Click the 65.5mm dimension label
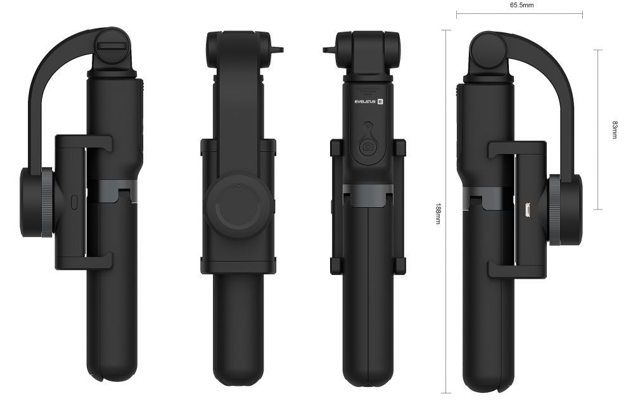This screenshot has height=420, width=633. pos(521,5)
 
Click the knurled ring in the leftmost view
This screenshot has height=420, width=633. pos(47,203)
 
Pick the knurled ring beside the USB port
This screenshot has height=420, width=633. pos(554,210)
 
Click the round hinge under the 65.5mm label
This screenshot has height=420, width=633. pos(489,48)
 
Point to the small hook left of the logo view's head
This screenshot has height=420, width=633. pos(329,49)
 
